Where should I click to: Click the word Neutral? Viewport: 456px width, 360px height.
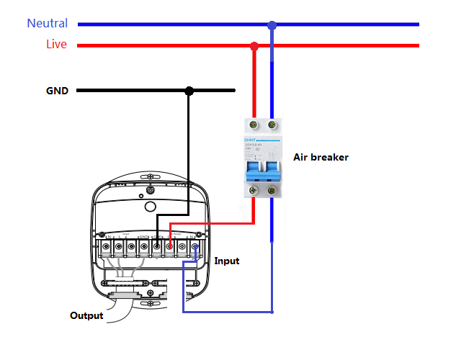click(x=48, y=23)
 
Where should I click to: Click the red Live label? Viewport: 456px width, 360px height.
click(x=56, y=45)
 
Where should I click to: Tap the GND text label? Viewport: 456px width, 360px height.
click(x=57, y=91)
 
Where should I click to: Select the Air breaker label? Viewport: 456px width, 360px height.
click(x=321, y=156)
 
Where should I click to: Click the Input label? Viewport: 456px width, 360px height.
click(x=226, y=261)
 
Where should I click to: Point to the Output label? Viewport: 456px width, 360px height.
click(x=86, y=315)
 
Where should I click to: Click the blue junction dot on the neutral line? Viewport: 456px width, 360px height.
click(x=272, y=25)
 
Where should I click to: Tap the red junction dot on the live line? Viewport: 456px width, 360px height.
click(x=254, y=47)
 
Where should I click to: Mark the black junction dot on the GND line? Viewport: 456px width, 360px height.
click(x=189, y=91)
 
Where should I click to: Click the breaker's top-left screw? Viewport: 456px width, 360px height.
click(x=254, y=125)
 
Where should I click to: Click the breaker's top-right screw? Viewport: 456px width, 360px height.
click(x=272, y=125)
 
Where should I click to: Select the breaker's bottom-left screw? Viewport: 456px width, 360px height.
click(x=254, y=191)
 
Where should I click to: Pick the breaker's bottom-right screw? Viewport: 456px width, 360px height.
click(x=272, y=191)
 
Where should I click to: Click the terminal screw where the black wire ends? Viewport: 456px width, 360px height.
click(x=156, y=248)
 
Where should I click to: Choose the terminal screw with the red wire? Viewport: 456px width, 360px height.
click(x=169, y=248)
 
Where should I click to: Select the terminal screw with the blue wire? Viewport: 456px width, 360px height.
click(x=195, y=248)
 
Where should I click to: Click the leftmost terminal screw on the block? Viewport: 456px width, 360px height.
click(x=106, y=248)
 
